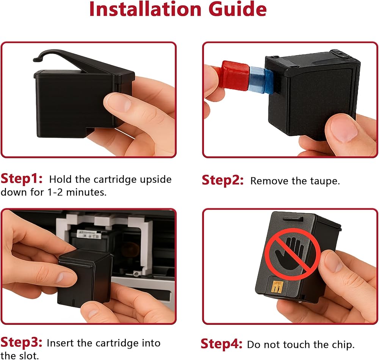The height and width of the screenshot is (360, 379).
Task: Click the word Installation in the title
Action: (145, 9)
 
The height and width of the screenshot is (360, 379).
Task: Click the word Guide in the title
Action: (237, 9)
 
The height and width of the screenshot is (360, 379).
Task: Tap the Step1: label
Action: (22, 179)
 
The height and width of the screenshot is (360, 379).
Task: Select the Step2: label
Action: (222, 180)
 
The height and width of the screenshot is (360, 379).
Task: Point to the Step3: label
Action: (21, 342)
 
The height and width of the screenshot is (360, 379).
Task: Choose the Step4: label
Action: (221, 344)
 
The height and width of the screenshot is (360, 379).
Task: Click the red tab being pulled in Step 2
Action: (235, 75)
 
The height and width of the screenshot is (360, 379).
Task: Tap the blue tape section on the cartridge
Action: (261, 79)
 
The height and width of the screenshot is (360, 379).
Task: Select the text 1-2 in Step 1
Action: (55, 192)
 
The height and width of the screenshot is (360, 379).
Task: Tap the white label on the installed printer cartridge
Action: (88, 234)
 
